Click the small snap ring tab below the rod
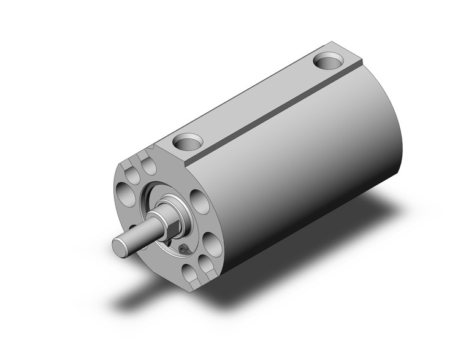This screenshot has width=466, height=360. point(183,248)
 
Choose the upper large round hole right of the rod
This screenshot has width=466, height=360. point(199,199)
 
